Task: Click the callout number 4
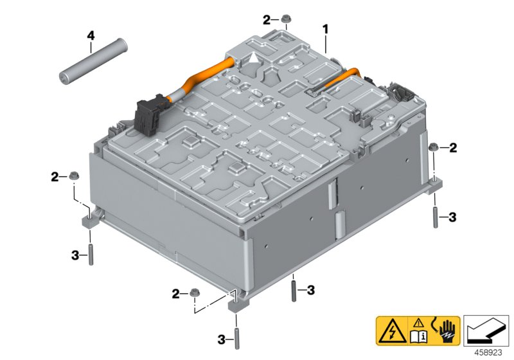point(91,34)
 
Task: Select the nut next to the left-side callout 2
point(75,175)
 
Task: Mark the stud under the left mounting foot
point(91,255)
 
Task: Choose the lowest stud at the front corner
point(237,338)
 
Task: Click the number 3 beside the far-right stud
point(452,218)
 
